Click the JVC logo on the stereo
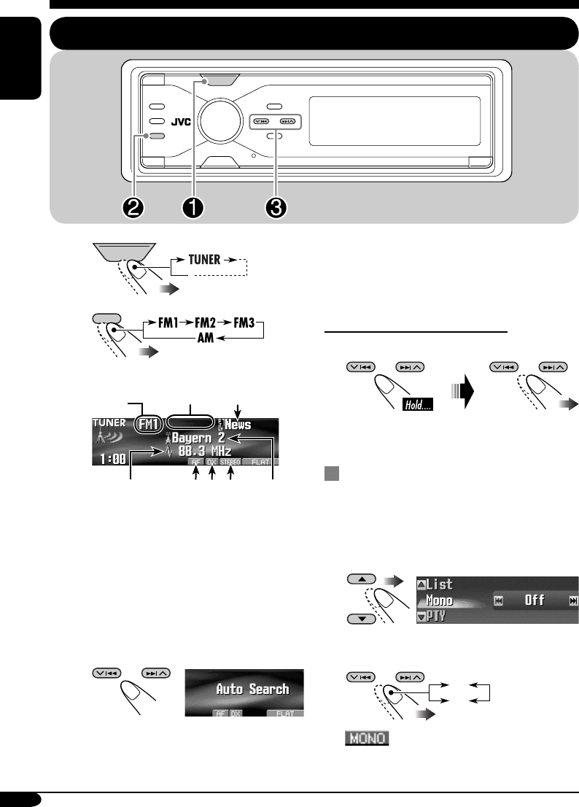click(x=181, y=123)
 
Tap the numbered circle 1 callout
click(x=193, y=207)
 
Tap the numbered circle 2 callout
click(x=133, y=207)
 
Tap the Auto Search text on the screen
click(x=251, y=689)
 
